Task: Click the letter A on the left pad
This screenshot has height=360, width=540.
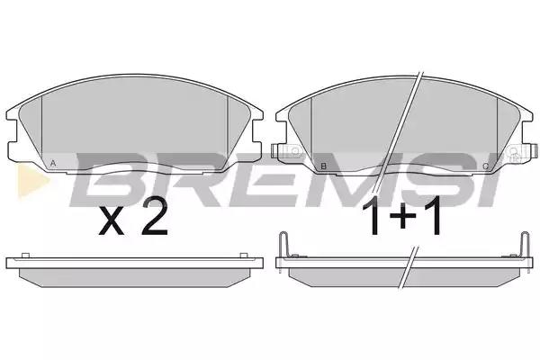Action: [x=53, y=163]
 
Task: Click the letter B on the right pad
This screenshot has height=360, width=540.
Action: [x=323, y=166]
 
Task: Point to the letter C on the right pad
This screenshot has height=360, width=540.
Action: [x=486, y=166]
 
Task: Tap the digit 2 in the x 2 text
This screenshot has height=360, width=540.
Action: [x=155, y=217]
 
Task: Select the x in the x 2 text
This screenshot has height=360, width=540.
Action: [x=112, y=222]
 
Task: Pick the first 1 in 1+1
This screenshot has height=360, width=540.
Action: [x=373, y=215]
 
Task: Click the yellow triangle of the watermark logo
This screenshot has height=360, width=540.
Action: [x=31, y=181]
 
